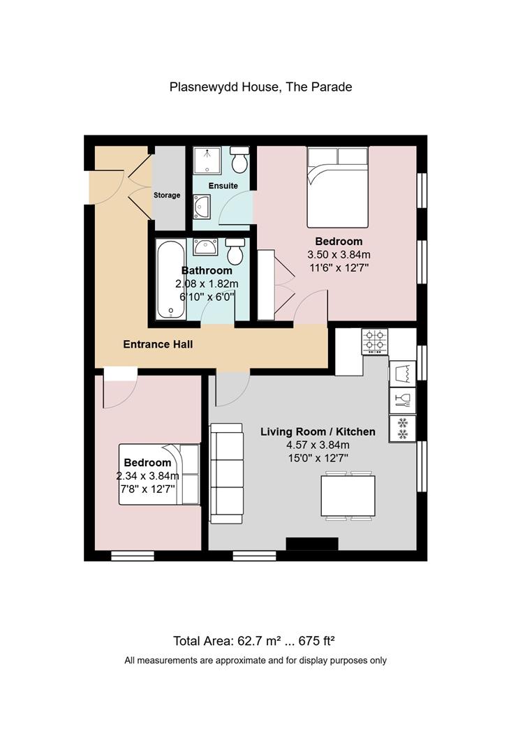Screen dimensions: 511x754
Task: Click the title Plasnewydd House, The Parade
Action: coord(260,87)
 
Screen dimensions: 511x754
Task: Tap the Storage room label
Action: coord(167,195)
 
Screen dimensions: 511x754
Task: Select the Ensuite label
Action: coord(223,186)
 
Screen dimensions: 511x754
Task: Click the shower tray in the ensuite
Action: coord(207,160)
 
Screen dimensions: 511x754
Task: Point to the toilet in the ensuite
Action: coord(239,160)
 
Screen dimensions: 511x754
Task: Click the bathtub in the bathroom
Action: coord(170,279)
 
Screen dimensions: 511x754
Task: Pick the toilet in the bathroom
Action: coord(235,251)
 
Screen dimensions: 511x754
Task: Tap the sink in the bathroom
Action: coord(205,246)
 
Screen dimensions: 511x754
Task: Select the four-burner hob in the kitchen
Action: coord(375,341)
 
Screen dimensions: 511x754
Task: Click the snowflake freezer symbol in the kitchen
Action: coord(403,429)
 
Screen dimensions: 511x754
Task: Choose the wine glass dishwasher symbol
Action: coord(403,401)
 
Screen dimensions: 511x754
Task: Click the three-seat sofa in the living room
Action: coord(226,473)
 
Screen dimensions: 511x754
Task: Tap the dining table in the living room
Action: coord(348,495)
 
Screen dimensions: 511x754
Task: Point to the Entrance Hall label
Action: coord(158,344)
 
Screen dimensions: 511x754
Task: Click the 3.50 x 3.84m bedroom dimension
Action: coord(339,254)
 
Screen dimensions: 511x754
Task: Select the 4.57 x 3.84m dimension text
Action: coord(318,445)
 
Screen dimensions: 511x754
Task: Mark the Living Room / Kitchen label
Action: coord(318,432)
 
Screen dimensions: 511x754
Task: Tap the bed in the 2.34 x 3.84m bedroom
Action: coord(159,474)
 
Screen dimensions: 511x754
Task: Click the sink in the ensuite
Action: coord(202,207)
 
